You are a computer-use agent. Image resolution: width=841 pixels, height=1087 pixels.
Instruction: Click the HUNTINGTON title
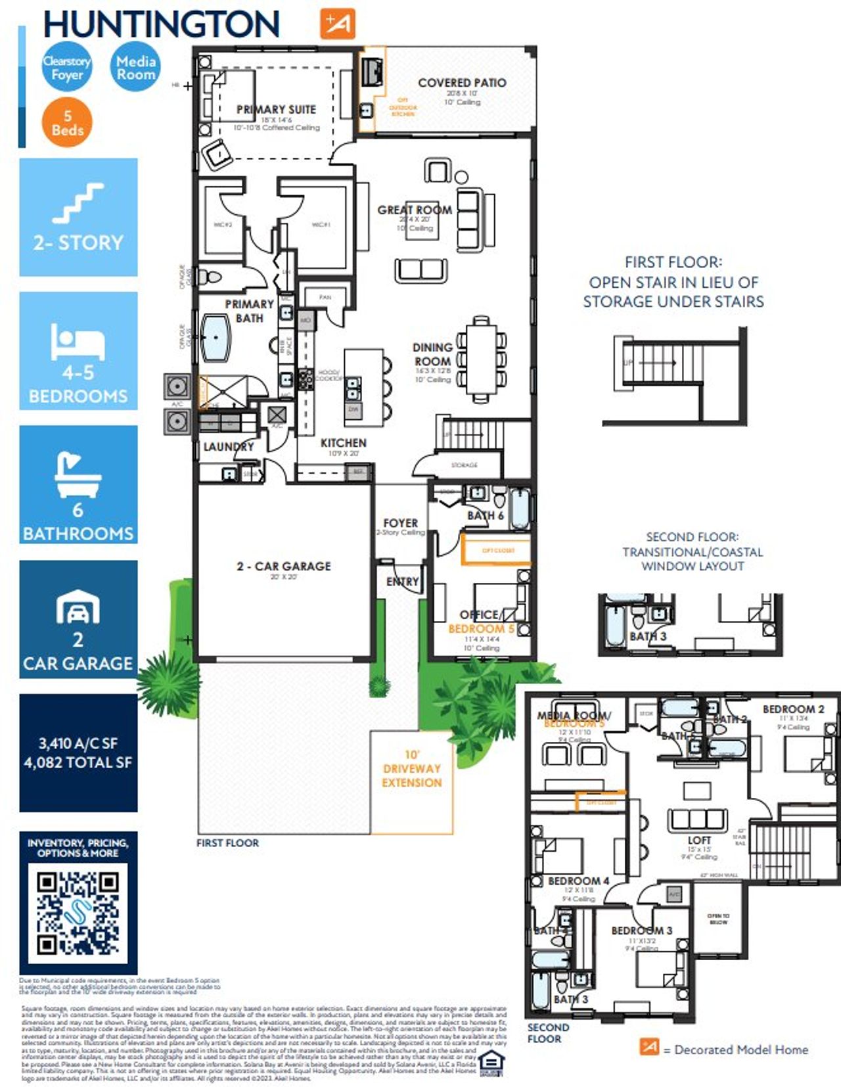pyautogui.click(x=161, y=24)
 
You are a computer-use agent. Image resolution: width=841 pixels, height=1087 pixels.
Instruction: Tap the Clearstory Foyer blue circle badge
pyautogui.click(x=66, y=67)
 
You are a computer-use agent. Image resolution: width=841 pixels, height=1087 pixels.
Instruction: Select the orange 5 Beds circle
pyautogui.click(x=67, y=123)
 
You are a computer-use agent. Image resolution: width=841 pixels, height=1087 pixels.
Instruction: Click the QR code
pyautogui.click(x=78, y=913)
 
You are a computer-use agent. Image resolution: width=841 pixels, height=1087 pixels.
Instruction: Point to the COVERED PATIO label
pyautogui.click(x=462, y=83)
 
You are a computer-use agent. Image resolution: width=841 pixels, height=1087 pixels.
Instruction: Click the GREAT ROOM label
pyautogui.click(x=414, y=210)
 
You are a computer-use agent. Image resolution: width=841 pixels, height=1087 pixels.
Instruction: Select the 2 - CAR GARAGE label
pyautogui.click(x=283, y=566)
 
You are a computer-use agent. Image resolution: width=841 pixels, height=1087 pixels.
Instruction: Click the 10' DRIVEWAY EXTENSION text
pyautogui.click(x=411, y=768)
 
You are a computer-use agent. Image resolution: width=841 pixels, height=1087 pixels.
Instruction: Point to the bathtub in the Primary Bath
pyautogui.click(x=216, y=338)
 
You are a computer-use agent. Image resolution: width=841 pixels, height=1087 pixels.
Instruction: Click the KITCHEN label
pyautogui.click(x=343, y=443)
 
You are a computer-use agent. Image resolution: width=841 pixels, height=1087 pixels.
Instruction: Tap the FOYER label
pyautogui.click(x=400, y=522)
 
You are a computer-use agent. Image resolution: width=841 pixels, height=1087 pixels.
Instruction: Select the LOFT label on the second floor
pyautogui.click(x=698, y=840)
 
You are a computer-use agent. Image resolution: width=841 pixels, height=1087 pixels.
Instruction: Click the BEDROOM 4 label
pyautogui.click(x=578, y=881)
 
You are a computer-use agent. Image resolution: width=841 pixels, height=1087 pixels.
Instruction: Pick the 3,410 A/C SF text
pyautogui.click(x=78, y=743)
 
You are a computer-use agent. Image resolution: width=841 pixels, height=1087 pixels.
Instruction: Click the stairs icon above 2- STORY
pyautogui.click(x=78, y=204)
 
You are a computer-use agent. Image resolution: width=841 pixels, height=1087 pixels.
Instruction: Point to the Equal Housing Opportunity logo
pyautogui.click(x=491, y=1063)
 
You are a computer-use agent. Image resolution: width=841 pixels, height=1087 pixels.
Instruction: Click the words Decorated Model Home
pyautogui.click(x=741, y=1050)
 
